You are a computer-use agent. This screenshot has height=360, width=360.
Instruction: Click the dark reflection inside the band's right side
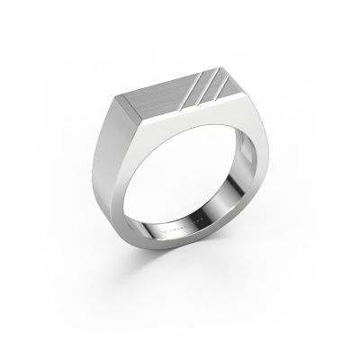point(241,180)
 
